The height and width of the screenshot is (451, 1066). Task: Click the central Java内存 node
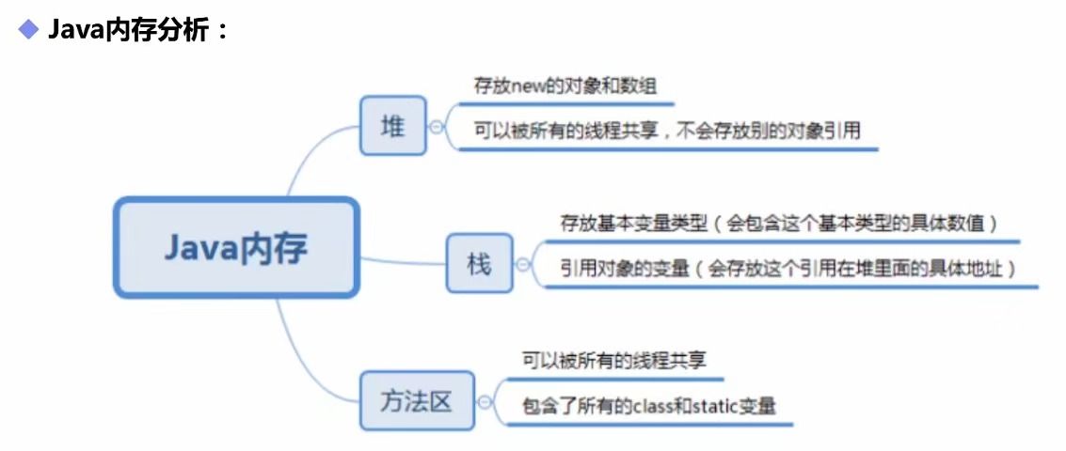(x=236, y=248)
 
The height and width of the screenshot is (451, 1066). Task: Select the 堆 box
(x=392, y=126)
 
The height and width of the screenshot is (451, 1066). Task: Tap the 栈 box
(x=479, y=265)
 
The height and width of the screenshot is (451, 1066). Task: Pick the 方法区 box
(x=417, y=402)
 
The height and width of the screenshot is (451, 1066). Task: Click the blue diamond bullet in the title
(x=29, y=30)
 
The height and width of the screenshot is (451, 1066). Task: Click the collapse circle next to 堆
(x=438, y=127)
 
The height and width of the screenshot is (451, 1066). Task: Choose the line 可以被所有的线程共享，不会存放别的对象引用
(x=667, y=132)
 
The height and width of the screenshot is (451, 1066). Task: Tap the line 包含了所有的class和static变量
(x=649, y=407)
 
